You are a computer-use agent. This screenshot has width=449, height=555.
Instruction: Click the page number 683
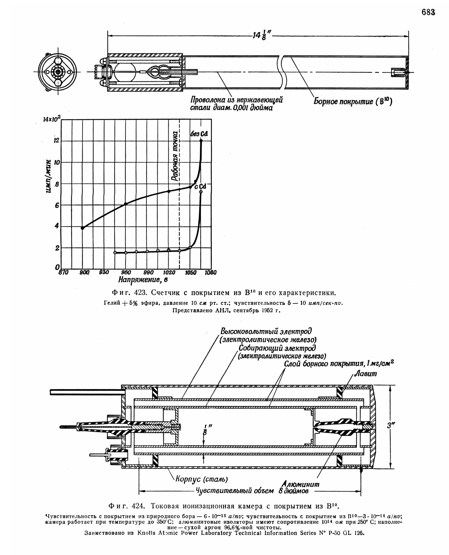click(428, 12)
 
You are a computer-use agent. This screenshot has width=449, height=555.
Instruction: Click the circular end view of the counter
click(57, 72)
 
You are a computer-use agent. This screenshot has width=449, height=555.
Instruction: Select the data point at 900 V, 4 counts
click(83, 228)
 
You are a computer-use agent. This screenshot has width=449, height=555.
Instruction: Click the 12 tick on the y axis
click(56, 141)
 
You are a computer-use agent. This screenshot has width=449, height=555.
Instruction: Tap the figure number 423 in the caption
click(141, 293)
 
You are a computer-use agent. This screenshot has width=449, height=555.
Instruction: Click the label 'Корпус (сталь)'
click(202, 479)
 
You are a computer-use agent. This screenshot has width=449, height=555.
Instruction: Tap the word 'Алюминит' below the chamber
click(300, 484)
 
